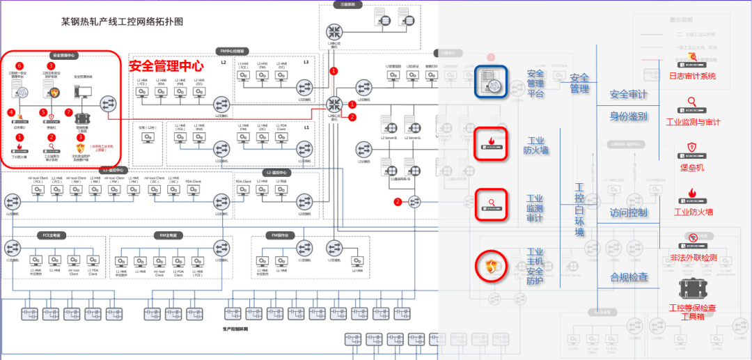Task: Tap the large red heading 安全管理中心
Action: coord(166,66)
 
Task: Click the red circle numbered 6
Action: coord(19,65)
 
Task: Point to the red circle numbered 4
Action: coord(12,111)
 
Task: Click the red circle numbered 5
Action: coord(43,111)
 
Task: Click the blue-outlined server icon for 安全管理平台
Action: coord(492,82)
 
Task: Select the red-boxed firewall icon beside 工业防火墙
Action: coord(492,144)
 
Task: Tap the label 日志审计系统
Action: coord(692,77)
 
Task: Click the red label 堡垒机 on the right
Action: coord(692,167)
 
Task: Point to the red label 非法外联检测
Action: coord(693,258)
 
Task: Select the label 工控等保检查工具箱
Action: coord(692,312)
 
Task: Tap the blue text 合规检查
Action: coord(629,277)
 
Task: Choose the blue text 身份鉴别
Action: coord(629,116)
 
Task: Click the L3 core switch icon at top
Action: coord(334,31)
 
